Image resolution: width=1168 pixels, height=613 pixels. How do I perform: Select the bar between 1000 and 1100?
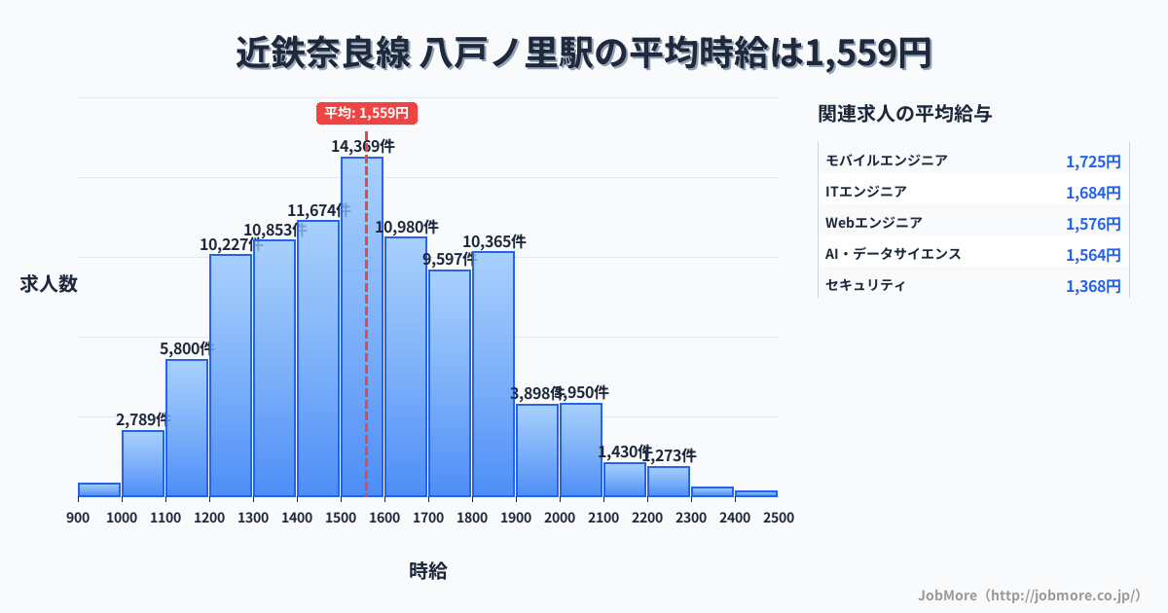pos(143,463)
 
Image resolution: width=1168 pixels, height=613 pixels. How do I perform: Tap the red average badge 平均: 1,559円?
pos(367,113)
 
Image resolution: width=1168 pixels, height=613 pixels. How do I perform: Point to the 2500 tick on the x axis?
pos(779,517)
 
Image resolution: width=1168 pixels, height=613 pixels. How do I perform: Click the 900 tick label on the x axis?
pos(78,517)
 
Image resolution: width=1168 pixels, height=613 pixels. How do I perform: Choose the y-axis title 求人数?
pos(49,284)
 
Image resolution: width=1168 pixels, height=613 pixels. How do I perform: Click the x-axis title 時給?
pos(428,571)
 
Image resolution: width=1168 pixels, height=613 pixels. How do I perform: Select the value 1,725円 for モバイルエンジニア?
pos(1093,162)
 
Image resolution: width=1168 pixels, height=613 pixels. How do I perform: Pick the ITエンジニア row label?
pos(866,192)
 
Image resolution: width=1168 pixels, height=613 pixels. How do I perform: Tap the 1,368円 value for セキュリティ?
pos(1093,286)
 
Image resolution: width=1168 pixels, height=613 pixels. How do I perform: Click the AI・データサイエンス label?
pos(893,254)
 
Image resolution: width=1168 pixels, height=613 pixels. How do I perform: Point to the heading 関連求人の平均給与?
pos(905,114)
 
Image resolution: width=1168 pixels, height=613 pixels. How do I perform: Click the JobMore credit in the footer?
pos(1028,595)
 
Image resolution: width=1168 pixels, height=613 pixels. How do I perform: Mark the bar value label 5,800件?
pos(186,347)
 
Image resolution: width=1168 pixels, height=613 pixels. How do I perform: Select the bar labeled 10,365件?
pos(493,374)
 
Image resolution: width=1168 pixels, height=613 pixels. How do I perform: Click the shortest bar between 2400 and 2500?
pos(756,493)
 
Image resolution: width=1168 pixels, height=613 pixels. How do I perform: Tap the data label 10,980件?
pos(407,227)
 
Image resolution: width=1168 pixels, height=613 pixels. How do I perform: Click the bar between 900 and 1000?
pos(99,489)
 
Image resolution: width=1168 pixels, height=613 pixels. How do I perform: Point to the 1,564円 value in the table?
pos(1093,255)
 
